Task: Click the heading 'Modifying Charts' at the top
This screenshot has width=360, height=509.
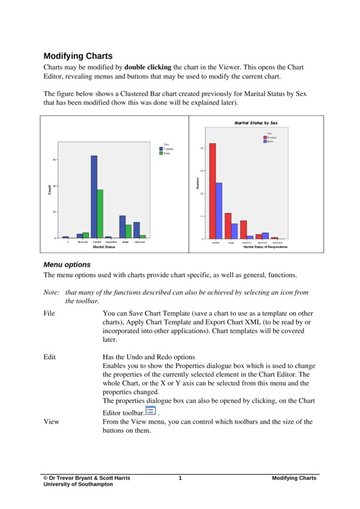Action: (x=77, y=56)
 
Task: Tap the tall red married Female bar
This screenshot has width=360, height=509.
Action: (x=212, y=191)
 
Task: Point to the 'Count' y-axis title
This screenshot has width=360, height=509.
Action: (x=49, y=189)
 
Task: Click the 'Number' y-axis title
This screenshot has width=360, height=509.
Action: (x=197, y=184)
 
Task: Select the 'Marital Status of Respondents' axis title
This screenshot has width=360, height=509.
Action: (x=265, y=247)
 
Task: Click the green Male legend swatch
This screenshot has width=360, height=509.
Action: (x=161, y=153)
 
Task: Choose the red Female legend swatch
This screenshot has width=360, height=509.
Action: (x=265, y=137)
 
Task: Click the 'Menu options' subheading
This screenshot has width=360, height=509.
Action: (x=67, y=264)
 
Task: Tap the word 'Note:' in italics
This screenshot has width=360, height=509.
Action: (x=52, y=292)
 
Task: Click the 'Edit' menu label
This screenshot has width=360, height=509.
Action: (x=50, y=357)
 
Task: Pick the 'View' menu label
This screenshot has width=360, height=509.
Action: (x=52, y=421)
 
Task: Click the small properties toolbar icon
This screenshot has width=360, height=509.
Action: (x=151, y=410)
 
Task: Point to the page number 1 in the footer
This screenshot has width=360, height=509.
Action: (x=180, y=478)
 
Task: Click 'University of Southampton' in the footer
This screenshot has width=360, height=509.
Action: (x=77, y=484)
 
